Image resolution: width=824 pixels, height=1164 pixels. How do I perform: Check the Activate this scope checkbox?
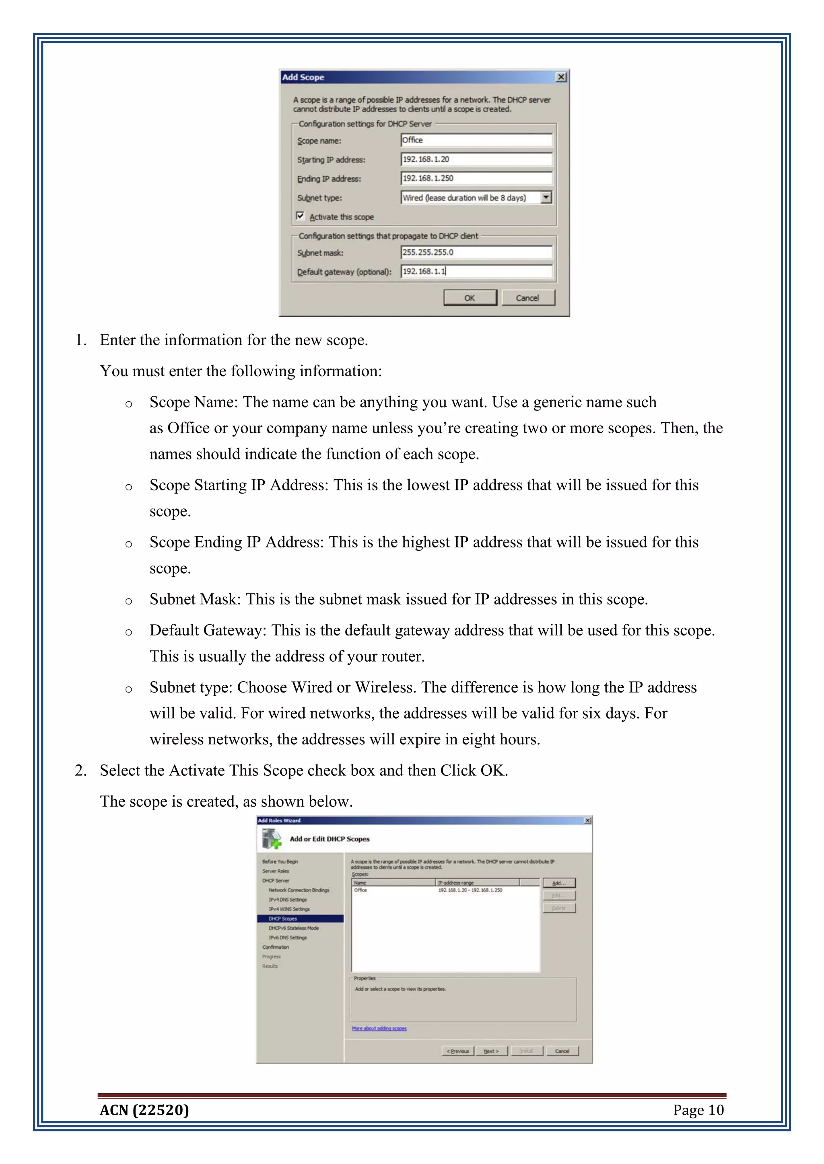tap(301, 216)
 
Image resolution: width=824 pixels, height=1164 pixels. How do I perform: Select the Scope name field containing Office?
tap(476, 140)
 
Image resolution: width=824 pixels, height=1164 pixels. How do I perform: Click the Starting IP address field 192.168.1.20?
tap(476, 159)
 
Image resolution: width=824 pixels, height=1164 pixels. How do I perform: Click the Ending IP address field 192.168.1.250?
tap(476, 178)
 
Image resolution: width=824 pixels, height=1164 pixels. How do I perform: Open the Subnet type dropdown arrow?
tap(546, 197)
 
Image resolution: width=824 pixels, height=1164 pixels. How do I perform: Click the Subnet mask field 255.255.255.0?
tap(476, 252)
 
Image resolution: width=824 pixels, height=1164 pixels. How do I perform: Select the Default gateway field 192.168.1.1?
tap(476, 271)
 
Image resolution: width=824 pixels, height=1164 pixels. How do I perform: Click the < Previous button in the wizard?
tap(457, 1051)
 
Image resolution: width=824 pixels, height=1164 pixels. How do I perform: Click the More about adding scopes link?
tap(379, 1028)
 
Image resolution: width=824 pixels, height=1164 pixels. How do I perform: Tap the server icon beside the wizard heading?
tap(272, 839)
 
